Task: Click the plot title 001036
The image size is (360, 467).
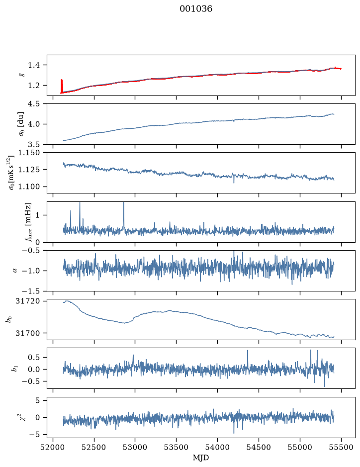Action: [x=195, y=9]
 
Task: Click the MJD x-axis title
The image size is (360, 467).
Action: [x=201, y=458]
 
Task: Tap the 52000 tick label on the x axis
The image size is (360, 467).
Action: [x=53, y=447]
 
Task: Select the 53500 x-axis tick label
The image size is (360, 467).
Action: [x=177, y=447]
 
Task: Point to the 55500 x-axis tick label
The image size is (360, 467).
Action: [x=341, y=447]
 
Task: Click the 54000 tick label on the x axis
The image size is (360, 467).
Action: [x=217, y=447]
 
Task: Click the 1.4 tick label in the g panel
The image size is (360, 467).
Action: [x=34, y=65]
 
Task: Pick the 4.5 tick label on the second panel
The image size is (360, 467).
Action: [x=34, y=104]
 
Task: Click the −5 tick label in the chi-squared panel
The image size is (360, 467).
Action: [x=34, y=435]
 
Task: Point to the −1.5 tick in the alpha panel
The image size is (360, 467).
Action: [x=31, y=291]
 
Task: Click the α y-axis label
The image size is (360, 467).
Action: [x=15, y=271]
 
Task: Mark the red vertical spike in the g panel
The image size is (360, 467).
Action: [x=62, y=87]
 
